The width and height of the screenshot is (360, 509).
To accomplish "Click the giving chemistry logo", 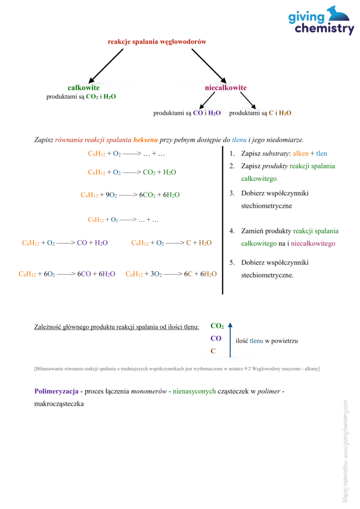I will pos(321,21).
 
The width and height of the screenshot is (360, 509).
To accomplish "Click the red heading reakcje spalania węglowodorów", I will pos(157,42).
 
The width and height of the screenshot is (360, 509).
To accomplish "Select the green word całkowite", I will pos(84,87).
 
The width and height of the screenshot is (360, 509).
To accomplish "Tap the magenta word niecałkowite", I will pos(225,88).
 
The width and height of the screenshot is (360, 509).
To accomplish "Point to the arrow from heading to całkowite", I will pos(105,66).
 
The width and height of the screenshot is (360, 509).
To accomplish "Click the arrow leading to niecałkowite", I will pos(209,66).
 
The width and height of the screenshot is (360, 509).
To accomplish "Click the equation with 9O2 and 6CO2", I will pos(130,195).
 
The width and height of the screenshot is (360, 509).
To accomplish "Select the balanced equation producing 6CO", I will pos(67,274).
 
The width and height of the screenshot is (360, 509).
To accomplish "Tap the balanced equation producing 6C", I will pos(171,274).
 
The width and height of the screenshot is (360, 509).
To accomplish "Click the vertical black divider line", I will pos(222,219).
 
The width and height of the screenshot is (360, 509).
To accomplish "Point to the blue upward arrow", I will pos(230,340).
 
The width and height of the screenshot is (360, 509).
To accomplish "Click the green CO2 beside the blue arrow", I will pos(217,326).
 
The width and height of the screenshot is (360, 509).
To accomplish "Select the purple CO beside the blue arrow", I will pos(216,339).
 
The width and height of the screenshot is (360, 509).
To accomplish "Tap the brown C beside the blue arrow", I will pos(213,351).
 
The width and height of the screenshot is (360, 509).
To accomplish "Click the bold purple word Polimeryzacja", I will pos(56,391).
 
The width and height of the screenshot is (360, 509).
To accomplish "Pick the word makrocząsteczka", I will pos(59,404).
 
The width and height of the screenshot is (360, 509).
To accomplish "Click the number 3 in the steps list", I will pos(232,193).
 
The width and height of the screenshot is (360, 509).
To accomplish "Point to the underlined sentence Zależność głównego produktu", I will pos(116,327).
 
